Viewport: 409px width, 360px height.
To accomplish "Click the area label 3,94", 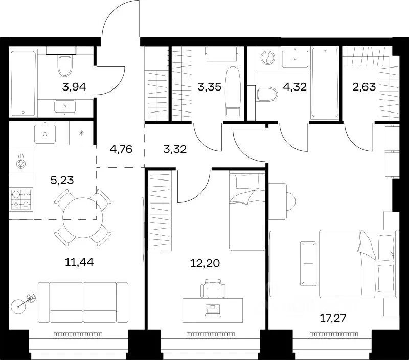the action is click(74, 87).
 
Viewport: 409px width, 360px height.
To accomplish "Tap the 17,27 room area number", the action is click(333, 318).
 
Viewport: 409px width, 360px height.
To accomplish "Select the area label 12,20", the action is click(205, 263).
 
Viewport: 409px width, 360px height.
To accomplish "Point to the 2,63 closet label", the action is click(364, 86).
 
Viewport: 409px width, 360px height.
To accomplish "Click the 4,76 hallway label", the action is click(121, 149).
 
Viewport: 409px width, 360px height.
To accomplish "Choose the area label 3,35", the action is click(209, 86).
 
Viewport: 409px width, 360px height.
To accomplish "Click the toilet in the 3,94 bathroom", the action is click(65, 66).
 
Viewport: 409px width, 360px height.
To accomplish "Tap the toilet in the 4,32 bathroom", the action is click(267, 94).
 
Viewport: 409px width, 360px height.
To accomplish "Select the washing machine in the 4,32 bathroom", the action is click(268, 58).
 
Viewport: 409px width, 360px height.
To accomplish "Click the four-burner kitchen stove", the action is click(21, 199).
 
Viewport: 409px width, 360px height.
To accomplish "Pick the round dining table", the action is click(83, 217).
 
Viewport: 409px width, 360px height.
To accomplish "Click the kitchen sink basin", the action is click(45, 134).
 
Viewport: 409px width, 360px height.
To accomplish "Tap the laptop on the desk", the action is click(213, 310).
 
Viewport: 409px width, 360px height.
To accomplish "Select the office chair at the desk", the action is click(213, 288).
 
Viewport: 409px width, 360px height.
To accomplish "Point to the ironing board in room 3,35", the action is click(233, 92).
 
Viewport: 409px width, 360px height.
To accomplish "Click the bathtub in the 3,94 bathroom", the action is click(23, 83).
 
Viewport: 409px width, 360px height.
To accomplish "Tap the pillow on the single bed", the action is click(247, 182).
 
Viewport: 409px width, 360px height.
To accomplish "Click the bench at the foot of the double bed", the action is click(308, 263).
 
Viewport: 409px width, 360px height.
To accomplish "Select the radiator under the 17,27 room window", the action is click(334, 334).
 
